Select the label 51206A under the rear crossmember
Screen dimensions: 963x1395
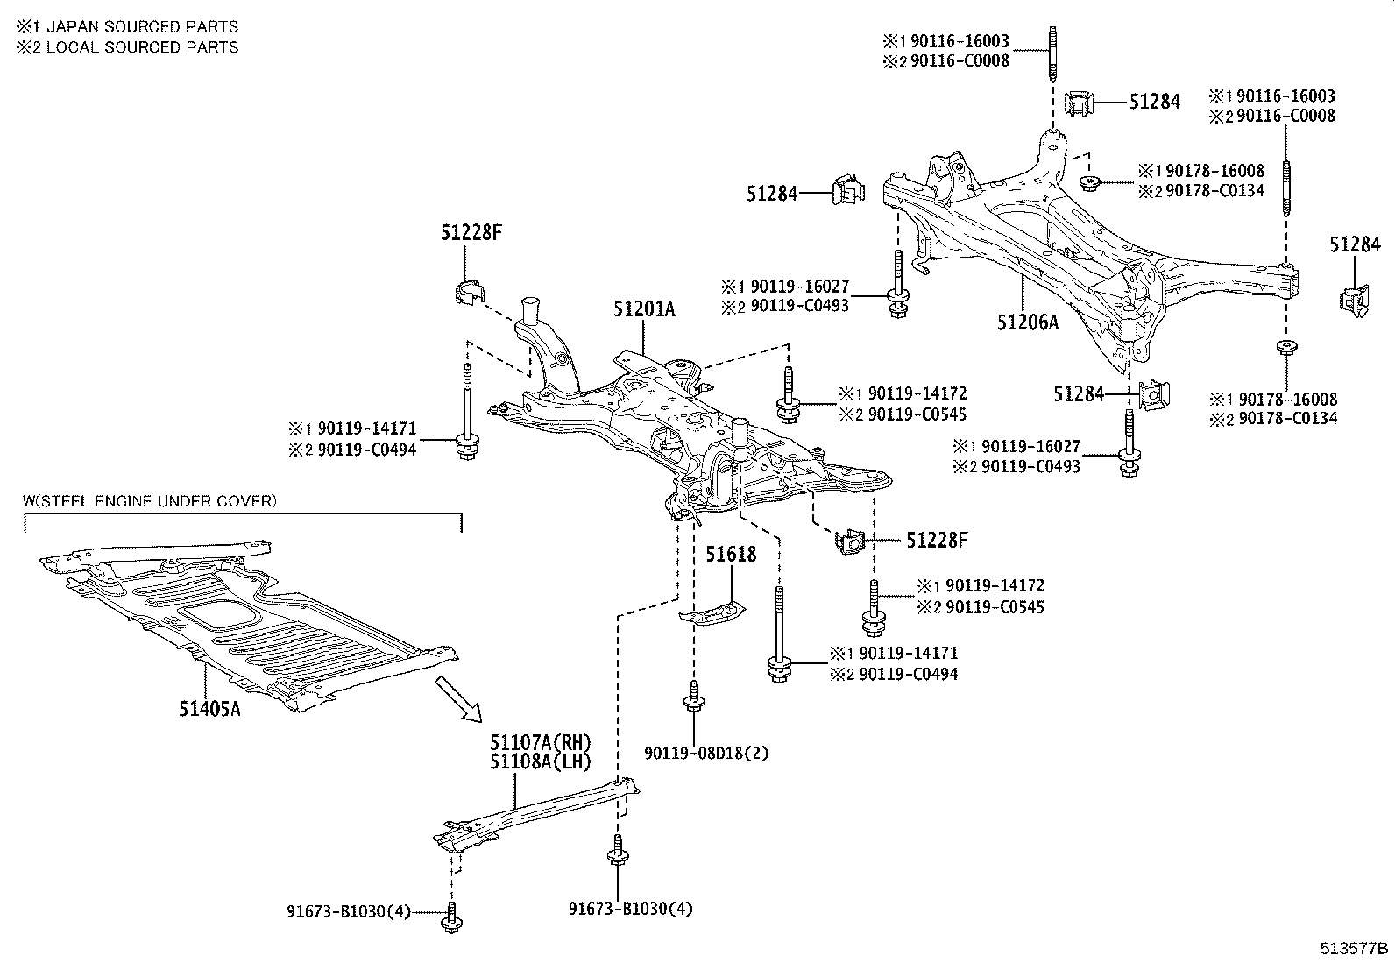[x=1027, y=322]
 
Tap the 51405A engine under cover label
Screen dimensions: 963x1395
[x=209, y=708]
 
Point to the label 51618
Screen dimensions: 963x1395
[x=731, y=554]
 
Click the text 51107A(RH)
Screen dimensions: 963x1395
[x=541, y=743]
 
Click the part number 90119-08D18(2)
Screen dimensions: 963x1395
[x=706, y=753]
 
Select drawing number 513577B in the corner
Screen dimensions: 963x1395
[x=1355, y=948]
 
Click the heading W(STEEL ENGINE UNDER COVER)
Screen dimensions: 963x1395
[x=150, y=501]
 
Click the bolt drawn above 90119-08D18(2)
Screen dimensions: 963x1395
[x=693, y=697]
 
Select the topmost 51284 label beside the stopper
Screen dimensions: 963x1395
[x=1154, y=103]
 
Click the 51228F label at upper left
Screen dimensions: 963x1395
[x=471, y=232]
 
